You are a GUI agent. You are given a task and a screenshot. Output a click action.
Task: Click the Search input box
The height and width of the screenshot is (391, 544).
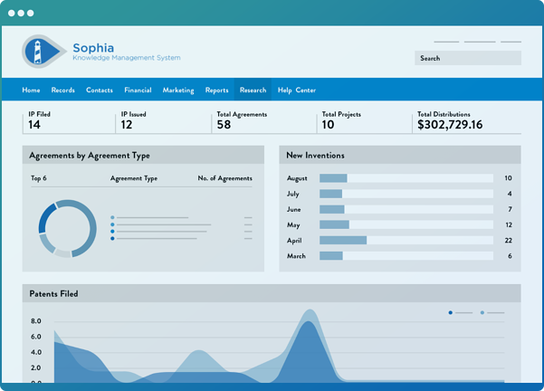click(467, 58)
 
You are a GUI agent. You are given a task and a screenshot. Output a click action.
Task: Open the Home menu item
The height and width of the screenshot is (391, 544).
click(31, 91)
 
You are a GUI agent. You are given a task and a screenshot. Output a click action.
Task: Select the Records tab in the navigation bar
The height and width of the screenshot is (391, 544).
click(63, 91)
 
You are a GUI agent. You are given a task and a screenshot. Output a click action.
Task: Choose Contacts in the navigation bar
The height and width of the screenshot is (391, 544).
click(100, 91)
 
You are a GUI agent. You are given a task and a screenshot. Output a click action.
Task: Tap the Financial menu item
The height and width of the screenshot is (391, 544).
click(138, 91)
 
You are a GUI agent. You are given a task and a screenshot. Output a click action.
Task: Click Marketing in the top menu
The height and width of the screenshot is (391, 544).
click(178, 91)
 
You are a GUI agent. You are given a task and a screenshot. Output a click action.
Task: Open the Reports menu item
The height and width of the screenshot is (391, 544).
click(216, 91)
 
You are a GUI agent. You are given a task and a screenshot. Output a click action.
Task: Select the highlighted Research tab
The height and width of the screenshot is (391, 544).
click(253, 91)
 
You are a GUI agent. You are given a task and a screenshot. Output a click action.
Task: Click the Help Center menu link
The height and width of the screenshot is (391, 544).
click(297, 91)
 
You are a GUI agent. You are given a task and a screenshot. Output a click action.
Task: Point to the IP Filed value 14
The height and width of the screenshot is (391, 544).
click(34, 125)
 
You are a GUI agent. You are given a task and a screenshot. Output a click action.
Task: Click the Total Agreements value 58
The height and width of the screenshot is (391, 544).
click(224, 125)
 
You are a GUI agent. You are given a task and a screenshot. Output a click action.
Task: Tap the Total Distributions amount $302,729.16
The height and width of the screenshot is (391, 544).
click(450, 125)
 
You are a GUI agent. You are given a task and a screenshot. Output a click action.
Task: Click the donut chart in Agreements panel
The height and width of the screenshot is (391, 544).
click(67, 228)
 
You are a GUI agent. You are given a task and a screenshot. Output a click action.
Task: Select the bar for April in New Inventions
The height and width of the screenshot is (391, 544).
click(343, 241)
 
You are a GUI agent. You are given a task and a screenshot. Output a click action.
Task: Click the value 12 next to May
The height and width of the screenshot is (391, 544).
click(509, 225)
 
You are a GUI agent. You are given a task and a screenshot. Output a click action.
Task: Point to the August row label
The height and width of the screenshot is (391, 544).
click(297, 178)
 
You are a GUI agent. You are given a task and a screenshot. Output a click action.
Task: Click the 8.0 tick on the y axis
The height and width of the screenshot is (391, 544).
click(35, 321)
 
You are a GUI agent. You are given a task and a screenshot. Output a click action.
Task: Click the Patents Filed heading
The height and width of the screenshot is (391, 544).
click(53, 294)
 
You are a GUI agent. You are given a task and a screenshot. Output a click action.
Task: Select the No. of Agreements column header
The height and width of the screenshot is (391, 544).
click(224, 179)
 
